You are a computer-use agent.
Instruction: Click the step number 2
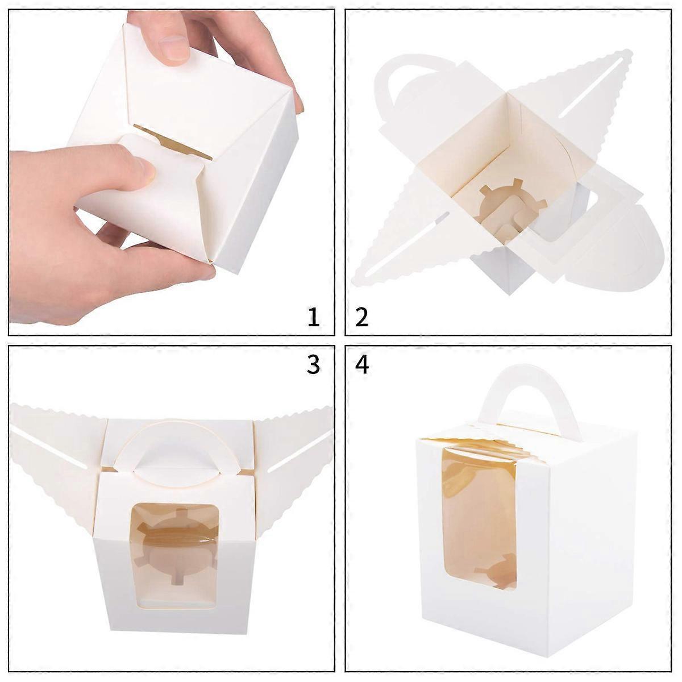click(x=361, y=317)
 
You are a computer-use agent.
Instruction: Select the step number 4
click(x=361, y=365)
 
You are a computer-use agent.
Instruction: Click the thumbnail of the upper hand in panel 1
click(x=174, y=49)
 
